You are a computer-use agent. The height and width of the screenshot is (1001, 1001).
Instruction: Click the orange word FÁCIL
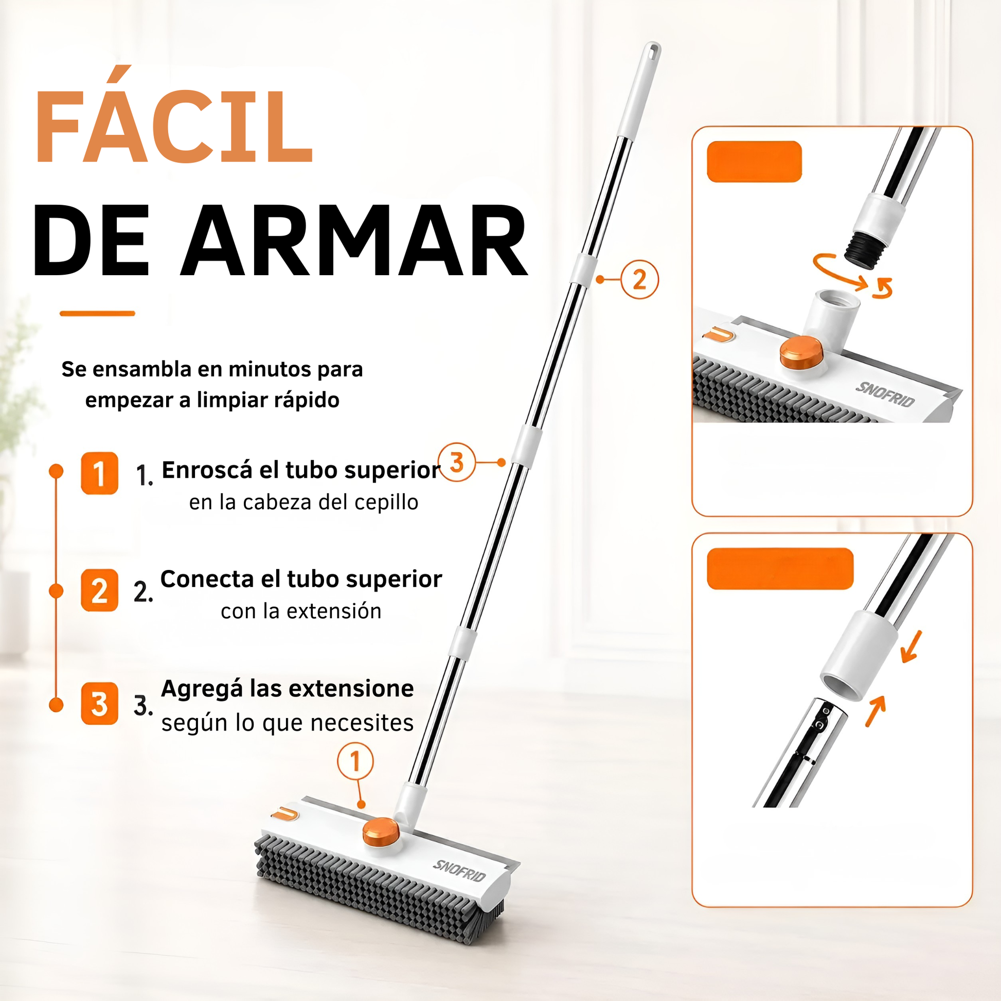[x=174, y=115]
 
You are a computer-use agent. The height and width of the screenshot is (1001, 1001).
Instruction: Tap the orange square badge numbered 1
[x=99, y=473]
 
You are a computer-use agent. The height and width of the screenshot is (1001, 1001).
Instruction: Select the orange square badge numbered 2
[x=99, y=590]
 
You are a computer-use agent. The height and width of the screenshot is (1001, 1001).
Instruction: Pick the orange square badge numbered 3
[x=99, y=704]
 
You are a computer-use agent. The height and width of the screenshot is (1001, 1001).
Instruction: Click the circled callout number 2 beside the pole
[x=640, y=280]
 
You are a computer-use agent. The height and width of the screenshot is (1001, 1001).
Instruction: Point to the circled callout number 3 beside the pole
[x=456, y=462]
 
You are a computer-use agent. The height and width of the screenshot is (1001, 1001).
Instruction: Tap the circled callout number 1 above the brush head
[x=355, y=761]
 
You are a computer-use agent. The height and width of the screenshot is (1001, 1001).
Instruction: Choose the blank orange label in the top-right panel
[x=755, y=162]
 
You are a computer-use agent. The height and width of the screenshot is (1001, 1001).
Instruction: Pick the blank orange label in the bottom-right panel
[x=780, y=568]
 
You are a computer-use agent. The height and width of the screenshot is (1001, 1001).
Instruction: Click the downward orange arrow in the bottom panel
[x=912, y=647]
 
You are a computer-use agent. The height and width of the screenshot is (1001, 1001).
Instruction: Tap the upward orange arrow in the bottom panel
[x=875, y=711]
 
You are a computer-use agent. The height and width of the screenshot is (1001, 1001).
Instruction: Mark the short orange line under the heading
[x=97, y=313]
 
